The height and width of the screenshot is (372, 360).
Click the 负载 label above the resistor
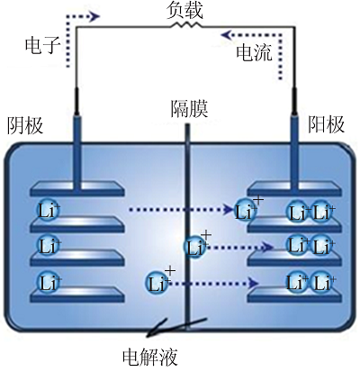(x=184, y=12)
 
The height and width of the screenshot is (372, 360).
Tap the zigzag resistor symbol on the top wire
(x=186, y=25)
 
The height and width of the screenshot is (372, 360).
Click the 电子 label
(x=43, y=46)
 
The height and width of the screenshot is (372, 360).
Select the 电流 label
(x=254, y=52)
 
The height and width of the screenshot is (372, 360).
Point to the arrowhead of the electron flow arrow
(x=94, y=16)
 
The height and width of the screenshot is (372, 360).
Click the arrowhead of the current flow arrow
(x=227, y=35)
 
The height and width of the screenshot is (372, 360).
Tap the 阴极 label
(x=25, y=125)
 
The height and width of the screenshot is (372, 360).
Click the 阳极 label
(x=327, y=124)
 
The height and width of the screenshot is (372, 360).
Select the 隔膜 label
(x=189, y=109)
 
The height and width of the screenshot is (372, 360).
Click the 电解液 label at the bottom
(x=150, y=357)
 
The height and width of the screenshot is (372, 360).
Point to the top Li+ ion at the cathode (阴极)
(x=48, y=211)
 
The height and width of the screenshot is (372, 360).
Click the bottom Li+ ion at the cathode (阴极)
(x=48, y=283)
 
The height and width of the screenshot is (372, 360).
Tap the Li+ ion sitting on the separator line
(x=195, y=247)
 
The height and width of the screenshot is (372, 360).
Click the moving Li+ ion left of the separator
(x=157, y=283)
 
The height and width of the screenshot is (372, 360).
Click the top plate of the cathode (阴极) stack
(x=77, y=189)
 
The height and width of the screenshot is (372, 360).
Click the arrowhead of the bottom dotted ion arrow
(x=254, y=283)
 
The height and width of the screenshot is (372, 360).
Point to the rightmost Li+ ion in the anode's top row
(x=322, y=212)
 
